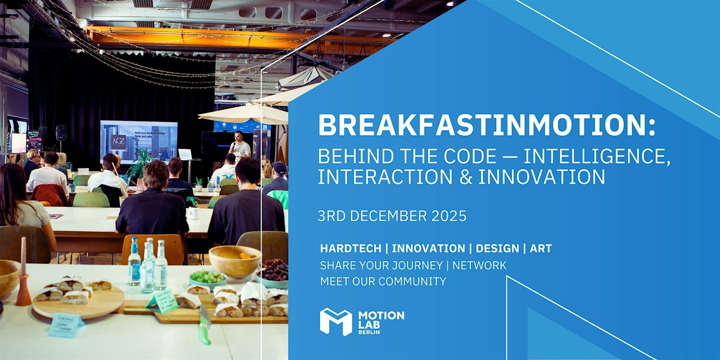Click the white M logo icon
tap(335, 322)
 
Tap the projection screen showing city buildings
tap(139, 142)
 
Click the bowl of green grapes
tap(208, 278)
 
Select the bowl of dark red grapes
tap(273, 271)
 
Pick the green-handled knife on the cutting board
tap(205, 325)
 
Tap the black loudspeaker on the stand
tap(61, 133)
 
